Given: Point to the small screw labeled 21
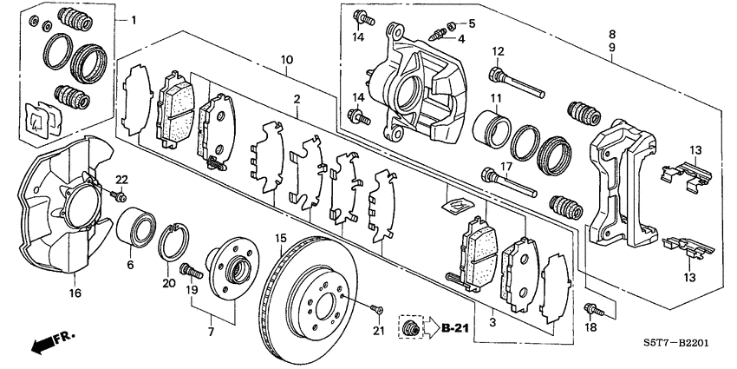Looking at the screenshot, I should click(375, 307).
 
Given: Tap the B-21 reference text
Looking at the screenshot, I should click(455, 330).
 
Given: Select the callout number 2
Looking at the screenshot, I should click(297, 102).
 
